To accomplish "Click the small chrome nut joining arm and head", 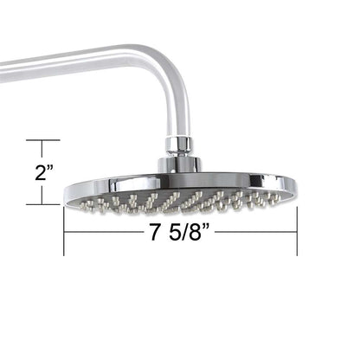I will [x=181, y=144].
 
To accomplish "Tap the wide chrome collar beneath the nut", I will [x=179, y=163].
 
